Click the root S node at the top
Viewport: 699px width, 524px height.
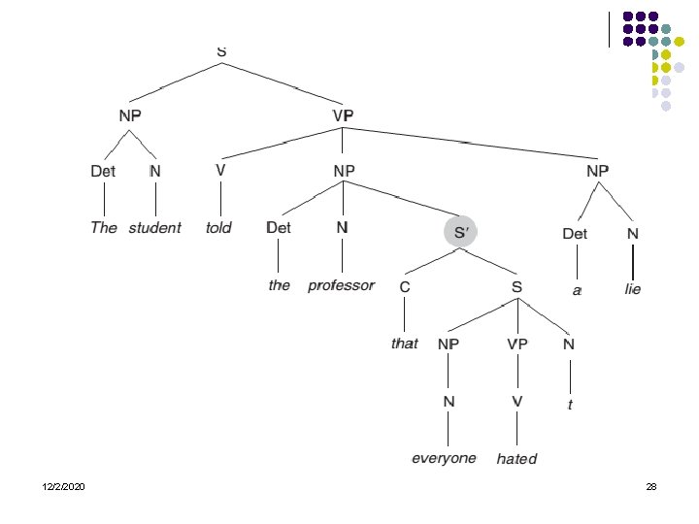(x=222, y=50)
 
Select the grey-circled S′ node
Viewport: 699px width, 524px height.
(x=460, y=231)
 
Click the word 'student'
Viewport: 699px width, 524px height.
(x=154, y=228)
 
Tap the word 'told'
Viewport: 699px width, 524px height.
(x=219, y=228)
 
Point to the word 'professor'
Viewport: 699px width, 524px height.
(x=341, y=285)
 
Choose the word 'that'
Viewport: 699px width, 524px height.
(x=405, y=344)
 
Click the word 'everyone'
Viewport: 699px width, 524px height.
(x=445, y=457)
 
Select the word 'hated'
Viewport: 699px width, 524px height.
(x=516, y=458)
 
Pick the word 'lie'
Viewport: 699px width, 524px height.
(x=633, y=289)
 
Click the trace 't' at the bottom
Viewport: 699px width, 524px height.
(x=570, y=406)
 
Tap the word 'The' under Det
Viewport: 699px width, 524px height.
(x=103, y=228)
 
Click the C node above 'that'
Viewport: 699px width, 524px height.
(x=405, y=287)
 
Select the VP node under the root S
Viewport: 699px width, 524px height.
(x=344, y=115)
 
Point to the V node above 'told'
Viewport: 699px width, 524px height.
(x=220, y=169)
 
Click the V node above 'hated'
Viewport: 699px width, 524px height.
(x=517, y=401)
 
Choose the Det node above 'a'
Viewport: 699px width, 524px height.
(x=576, y=233)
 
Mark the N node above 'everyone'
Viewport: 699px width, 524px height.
(x=448, y=401)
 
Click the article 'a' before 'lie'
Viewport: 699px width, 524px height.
(x=577, y=289)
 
